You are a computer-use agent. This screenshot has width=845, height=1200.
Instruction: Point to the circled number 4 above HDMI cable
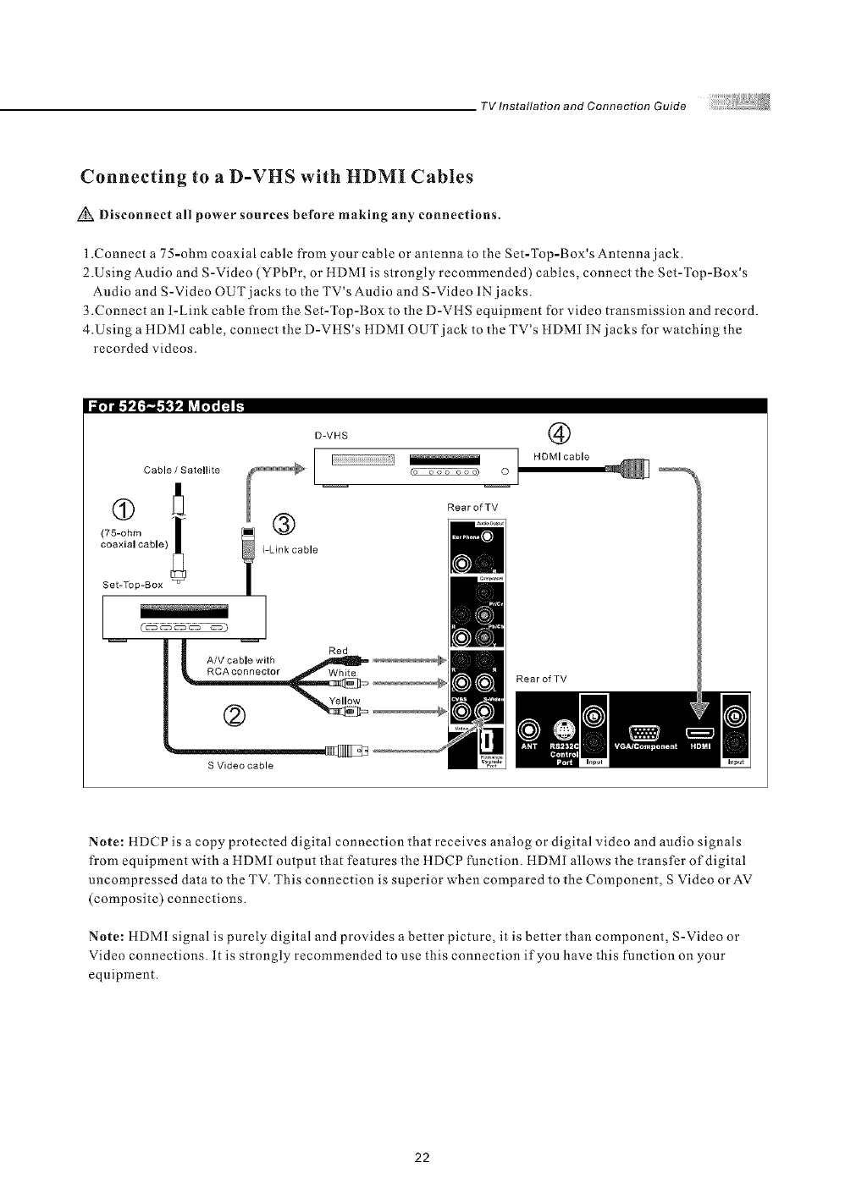tap(560, 434)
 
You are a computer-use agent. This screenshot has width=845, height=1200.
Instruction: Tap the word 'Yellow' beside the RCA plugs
tap(344, 701)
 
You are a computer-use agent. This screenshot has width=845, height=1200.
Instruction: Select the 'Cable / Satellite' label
tap(182, 470)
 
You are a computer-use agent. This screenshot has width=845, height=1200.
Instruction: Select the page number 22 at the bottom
tap(422, 1158)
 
